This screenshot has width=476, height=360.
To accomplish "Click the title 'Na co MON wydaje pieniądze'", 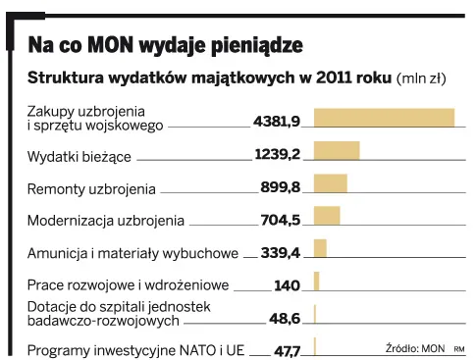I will pos(164,44).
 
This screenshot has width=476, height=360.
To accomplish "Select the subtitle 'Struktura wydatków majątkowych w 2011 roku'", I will pos(209,77).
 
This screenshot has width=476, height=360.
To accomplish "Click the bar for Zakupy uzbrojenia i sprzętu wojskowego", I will pos(384,118).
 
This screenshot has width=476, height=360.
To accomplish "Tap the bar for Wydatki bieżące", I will pos(337,150).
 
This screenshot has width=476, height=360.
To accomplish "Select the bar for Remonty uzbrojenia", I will pos(331,183).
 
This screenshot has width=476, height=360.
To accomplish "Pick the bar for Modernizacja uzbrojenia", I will pos(327,216).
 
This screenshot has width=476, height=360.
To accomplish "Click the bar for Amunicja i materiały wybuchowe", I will pos(320,249).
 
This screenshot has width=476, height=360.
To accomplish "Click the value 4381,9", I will pos(276,122).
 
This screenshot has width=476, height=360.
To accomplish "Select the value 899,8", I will pos(281,186).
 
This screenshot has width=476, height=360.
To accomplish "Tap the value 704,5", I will pos(281,220).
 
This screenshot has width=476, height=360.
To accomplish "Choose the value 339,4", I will pos(281,252).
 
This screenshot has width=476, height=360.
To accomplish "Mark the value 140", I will pos(287,285).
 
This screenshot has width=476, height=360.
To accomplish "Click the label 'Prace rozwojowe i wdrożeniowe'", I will pos(128,285).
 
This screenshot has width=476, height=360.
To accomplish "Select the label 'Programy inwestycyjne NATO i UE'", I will pos(135,350).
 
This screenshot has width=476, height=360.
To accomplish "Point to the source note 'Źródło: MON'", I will pos(415,346).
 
